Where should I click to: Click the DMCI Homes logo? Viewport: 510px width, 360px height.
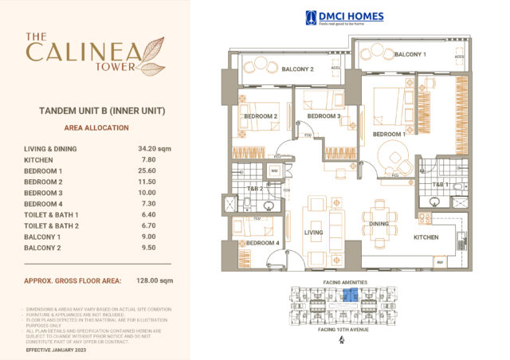click(x=344, y=18)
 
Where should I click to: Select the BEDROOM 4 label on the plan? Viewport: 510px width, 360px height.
click(x=262, y=243)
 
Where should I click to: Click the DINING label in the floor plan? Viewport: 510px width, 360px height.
click(x=377, y=225)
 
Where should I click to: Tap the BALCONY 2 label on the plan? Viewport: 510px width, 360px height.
click(x=297, y=69)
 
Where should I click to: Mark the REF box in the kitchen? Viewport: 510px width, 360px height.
click(x=439, y=261)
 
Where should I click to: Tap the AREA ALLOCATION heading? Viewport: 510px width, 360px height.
click(x=95, y=127)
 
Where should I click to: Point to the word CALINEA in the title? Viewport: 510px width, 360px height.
click(x=84, y=53)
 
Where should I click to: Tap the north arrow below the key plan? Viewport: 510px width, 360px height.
click(x=341, y=340)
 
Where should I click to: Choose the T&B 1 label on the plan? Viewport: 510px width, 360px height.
click(x=438, y=184)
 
